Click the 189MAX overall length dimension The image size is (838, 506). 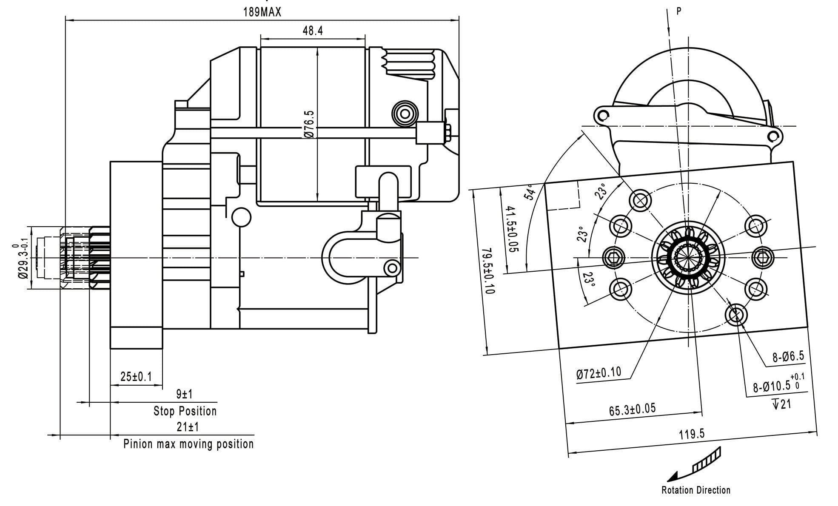coord(262,12)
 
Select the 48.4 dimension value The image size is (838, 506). coord(313,31)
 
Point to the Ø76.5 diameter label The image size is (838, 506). coord(309,124)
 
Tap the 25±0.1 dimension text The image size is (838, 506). coord(136,377)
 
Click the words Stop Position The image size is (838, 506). coord(185,411)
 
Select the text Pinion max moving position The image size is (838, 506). coord(188,444)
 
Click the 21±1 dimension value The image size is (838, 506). coord(188,427)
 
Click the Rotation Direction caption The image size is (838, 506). coord(695,490)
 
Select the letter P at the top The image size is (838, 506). coord(679,11)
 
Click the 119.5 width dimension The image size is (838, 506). coord(692,434)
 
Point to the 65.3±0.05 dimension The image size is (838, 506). coord(632,409)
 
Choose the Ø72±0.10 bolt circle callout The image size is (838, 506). coord(599,373)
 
